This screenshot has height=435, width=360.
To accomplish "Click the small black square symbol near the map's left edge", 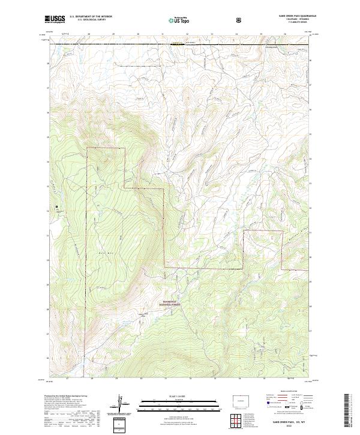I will coord(57,208).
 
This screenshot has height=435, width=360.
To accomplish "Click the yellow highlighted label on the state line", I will coord(176,43).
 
